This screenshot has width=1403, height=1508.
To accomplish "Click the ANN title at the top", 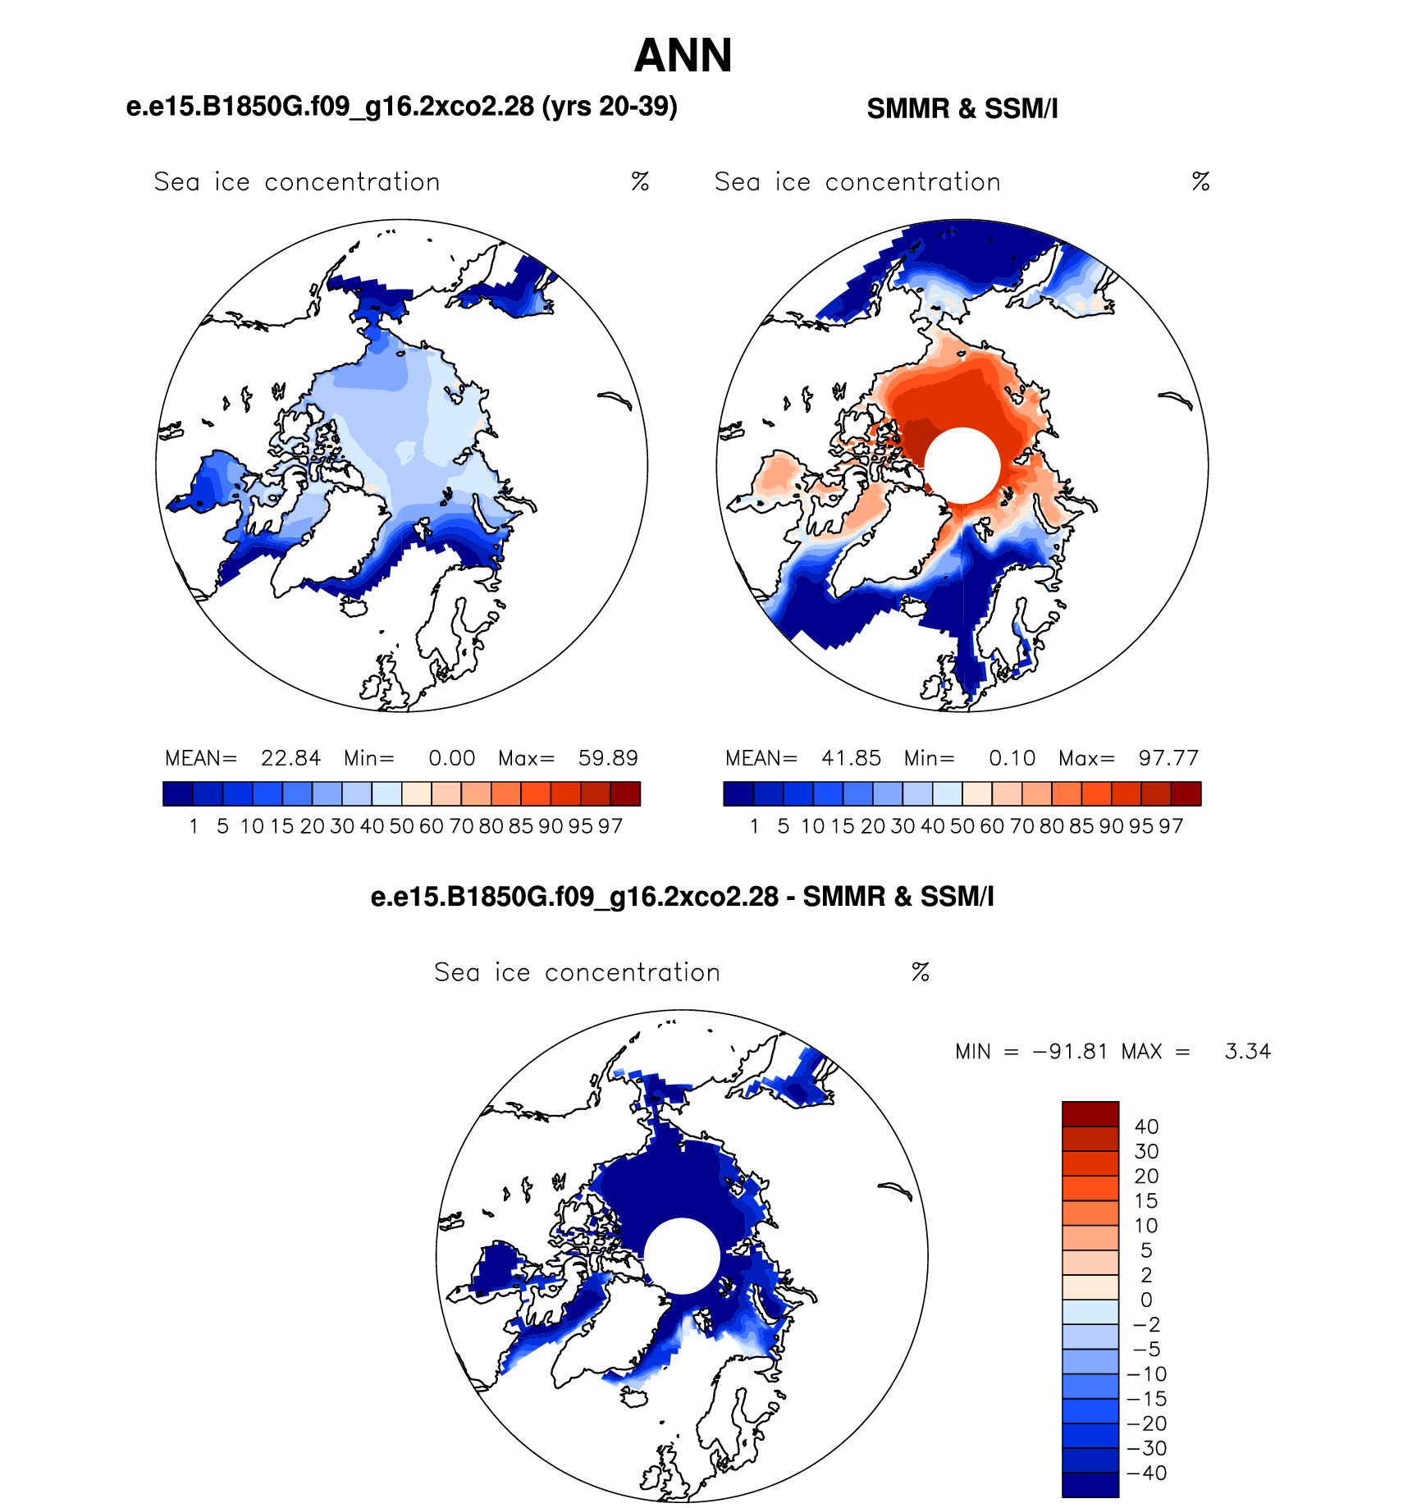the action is tap(683, 56).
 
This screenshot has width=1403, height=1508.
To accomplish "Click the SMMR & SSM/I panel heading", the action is tap(962, 108).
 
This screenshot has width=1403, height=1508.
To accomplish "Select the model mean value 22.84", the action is tap(290, 758).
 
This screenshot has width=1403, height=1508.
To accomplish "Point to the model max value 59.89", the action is tap(608, 758).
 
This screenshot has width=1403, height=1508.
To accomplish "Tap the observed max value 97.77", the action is tap(1168, 758).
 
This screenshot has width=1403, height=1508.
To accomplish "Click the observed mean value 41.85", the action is tap(851, 758).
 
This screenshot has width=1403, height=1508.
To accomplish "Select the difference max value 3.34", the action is tap(1248, 1052).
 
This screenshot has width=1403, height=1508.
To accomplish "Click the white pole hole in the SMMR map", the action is tap(962, 465).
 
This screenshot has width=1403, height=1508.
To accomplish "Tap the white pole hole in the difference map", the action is tap(682, 1256).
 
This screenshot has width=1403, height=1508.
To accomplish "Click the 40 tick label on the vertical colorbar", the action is tap(1146, 1127).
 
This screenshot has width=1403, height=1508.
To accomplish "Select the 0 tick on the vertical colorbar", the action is tap(1146, 1300).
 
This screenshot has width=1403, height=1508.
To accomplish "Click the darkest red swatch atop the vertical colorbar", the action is tap(1090, 1114).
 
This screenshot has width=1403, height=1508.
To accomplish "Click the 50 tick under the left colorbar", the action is tap(401, 826).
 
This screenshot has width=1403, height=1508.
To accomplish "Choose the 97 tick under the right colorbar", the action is tap(1171, 826).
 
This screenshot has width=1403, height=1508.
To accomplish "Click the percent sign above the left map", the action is tap(641, 181).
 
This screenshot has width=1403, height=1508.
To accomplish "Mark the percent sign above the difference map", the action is tap(921, 972).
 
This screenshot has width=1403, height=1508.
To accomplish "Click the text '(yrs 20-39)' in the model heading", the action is tap(610, 107).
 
